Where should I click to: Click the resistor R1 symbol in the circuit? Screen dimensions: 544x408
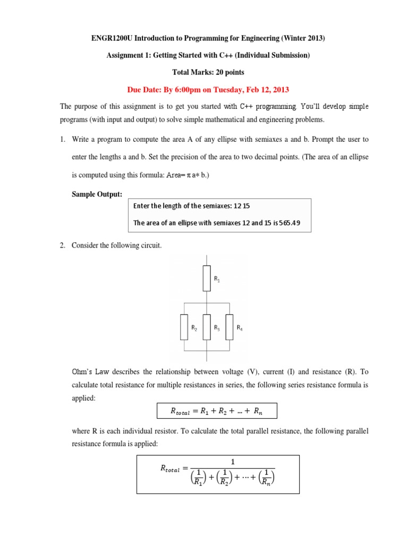tap(207, 279)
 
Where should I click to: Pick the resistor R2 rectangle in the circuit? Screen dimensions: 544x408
tap(184, 327)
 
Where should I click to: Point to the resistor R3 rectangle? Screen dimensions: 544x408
tap(207, 327)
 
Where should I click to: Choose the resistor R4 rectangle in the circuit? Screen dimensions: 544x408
tap(229, 327)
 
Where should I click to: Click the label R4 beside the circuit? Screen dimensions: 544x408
tap(240, 328)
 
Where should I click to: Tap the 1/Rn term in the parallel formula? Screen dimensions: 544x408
tap(267, 477)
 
